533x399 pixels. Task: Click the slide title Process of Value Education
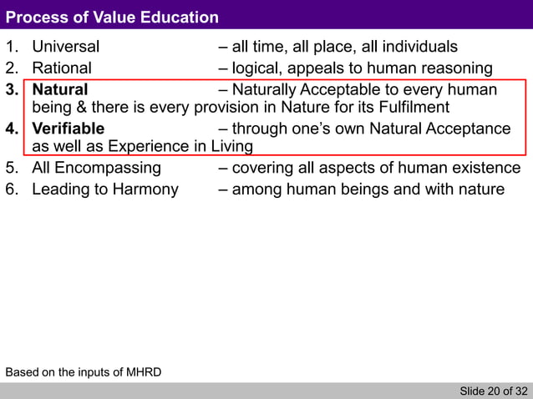(x=112, y=18)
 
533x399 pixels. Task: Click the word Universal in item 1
(x=65, y=47)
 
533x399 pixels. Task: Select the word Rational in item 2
(x=62, y=68)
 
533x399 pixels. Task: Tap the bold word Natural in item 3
(x=59, y=89)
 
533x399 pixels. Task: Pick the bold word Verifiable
(x=69, y=129)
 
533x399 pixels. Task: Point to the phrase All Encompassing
(x=96, y=169)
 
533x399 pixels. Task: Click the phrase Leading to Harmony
(x=105, y=189)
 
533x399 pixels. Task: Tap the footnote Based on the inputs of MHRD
(x=84, y=371)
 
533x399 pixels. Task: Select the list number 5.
(x=12, y=169)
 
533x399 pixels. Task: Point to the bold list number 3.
(x=12, y=89)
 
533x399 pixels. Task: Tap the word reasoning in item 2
(x=457, y=68)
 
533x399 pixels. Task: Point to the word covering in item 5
(x=263, y=169)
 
